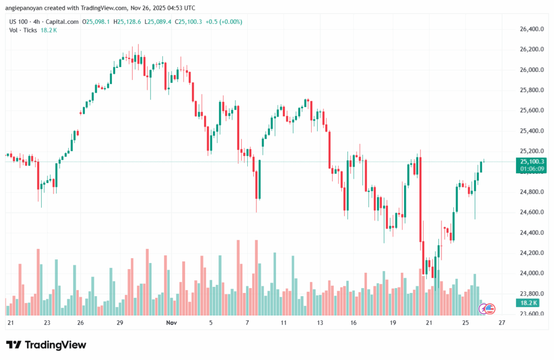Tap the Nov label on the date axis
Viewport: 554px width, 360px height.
(172, 323)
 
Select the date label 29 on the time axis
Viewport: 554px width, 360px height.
(120, 323)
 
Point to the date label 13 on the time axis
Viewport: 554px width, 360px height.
(320, 323)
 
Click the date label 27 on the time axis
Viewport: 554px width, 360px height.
(502, 323)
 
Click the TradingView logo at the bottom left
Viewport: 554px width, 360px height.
(46, 345)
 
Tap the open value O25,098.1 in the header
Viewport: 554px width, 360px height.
(96, 22)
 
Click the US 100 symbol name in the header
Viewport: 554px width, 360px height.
(19, 22)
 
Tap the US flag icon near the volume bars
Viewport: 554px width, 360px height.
(490, 309)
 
